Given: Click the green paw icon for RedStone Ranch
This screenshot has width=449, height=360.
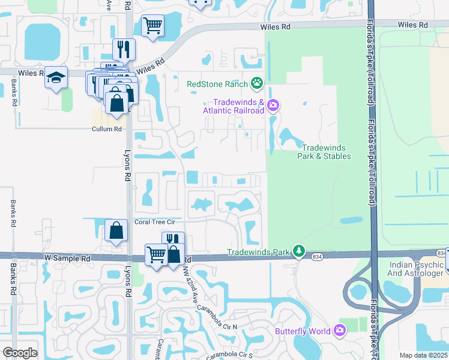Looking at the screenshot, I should [x=257, y=83].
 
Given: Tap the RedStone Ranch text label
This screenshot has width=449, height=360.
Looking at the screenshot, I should [x=218, y=84].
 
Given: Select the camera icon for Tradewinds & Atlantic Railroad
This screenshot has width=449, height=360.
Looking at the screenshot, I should [x=273, y=106].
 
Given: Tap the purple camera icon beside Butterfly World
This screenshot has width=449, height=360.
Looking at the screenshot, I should [x=340, y=331].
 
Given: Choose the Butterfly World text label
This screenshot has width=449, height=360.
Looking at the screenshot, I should [x=303, y=331].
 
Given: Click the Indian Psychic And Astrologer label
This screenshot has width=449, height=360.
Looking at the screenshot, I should [x=415, y=269].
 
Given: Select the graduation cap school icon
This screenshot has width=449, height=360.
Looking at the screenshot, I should [x=56, y=78].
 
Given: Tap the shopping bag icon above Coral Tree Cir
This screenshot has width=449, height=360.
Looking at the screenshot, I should [x=116, y=230].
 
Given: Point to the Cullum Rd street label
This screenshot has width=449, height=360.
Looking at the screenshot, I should [x=106, y=129].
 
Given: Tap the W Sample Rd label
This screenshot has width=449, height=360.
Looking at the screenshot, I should [x=67, y=257].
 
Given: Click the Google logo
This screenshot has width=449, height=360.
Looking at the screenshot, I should [x=20, y=353].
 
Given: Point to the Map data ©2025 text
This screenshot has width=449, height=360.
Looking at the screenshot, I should [x=424, y=355].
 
